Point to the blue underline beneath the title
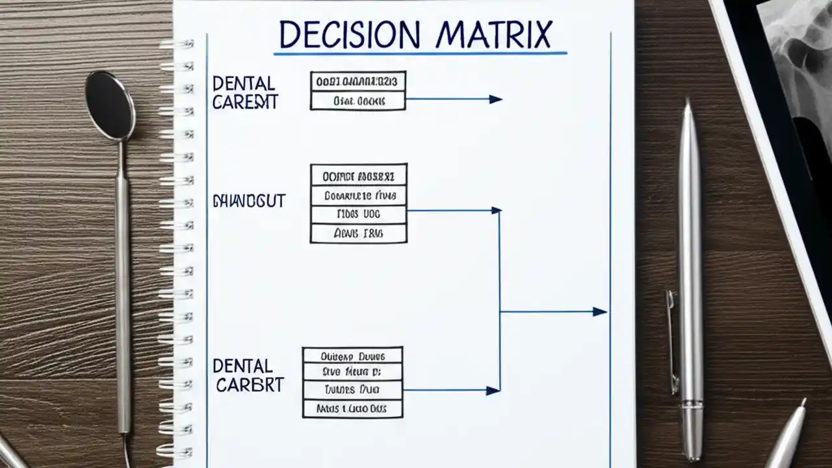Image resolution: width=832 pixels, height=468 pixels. tap(420, 53)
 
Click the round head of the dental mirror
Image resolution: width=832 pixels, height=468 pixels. tap(110, 105)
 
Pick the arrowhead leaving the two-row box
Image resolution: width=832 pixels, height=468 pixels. tap(495, 99)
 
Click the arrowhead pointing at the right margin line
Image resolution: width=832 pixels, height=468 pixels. tap(599, 312)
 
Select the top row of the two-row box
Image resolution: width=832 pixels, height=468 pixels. tap(357, 81)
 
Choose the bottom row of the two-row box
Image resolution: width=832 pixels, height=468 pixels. tap(357, 101)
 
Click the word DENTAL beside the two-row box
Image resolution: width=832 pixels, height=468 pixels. tap(244, 84)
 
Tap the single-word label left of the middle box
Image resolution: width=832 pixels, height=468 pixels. tap(249, 201)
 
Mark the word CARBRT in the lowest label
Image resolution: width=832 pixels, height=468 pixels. tap(250, 385)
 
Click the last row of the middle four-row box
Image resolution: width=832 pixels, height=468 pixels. tap(358, 233)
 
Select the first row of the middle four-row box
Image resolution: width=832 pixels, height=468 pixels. tap(358, 175)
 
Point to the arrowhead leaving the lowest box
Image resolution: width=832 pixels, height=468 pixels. tap(493, 391)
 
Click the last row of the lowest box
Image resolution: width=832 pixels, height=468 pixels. tap(352, 409)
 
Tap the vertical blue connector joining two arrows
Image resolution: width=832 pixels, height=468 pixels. tap(499, 299)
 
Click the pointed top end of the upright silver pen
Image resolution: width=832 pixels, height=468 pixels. tap(688, 104)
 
